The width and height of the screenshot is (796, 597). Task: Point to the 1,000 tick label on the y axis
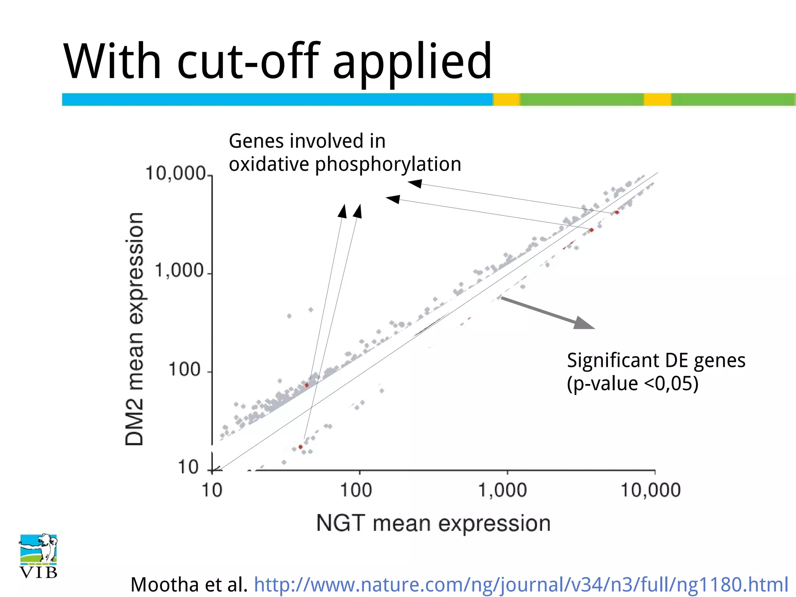point(179,271)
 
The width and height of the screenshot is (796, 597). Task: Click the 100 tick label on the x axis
point(356,490)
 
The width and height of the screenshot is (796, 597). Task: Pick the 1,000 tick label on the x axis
point(502,490)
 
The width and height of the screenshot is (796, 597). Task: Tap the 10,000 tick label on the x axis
point(650,490)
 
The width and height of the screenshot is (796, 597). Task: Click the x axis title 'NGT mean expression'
point(433,523)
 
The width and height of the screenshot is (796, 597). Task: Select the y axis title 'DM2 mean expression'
point(134,329)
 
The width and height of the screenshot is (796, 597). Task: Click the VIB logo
point(38,556)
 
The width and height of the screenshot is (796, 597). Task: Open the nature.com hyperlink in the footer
point(521,584)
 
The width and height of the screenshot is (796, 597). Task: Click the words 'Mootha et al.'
point(189,584)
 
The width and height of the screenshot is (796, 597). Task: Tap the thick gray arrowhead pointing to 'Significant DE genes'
point(583,323)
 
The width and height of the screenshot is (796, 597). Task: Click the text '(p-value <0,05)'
point(632,384)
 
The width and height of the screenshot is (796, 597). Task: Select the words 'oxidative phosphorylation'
point(345,164)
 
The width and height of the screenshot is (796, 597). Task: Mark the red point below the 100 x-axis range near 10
point(300,447)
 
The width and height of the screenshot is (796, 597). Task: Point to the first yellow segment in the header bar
point(506,99)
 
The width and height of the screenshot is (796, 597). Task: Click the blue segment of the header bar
point(277,99)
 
